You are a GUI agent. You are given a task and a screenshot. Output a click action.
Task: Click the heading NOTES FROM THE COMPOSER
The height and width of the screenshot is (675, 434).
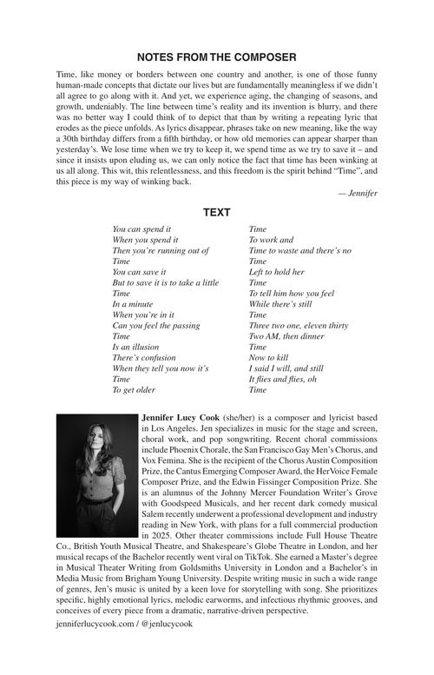pos(216,57)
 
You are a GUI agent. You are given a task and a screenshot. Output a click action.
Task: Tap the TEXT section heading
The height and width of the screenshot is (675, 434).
pos(216,212)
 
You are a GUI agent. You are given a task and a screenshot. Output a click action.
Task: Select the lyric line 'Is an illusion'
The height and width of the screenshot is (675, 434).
pos(136,346)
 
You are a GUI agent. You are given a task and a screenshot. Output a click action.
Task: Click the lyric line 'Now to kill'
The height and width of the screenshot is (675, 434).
pos(268,357)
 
